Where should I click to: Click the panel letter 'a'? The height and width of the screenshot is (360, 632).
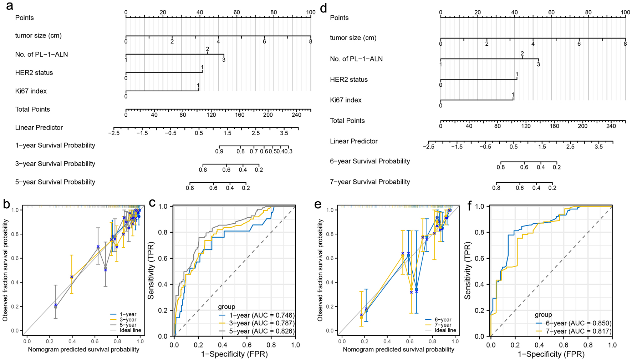tap(10, 6)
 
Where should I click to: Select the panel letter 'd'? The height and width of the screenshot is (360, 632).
tap(323, 7)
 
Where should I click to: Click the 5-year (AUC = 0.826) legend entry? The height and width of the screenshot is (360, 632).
tap(261, 331)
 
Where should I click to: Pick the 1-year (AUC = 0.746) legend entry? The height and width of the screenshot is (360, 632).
tap(261, 315)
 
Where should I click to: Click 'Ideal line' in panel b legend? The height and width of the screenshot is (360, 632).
tap(130, 330)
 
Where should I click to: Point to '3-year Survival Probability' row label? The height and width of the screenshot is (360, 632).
tap(55, 164)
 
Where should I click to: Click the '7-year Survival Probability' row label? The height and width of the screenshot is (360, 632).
tap(370, 182)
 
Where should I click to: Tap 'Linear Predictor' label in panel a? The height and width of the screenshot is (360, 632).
tap(39, 128)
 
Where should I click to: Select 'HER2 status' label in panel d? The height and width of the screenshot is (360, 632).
tap(348, 80)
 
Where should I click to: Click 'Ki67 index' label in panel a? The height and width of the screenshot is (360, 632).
tap(31, 91)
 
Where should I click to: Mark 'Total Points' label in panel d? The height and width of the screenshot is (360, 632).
tap(347, 121)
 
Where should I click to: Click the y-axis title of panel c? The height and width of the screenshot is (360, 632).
tap(151, 271)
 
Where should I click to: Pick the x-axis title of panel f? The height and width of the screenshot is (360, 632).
tap(551, 354)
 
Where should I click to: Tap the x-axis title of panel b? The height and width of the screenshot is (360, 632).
tap(83, 350)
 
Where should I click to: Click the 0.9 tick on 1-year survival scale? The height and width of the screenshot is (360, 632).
tap(219, 151)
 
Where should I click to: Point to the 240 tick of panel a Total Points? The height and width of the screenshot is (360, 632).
tap(296, 115)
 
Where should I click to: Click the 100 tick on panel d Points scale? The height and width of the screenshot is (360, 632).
tap(625, 12)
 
